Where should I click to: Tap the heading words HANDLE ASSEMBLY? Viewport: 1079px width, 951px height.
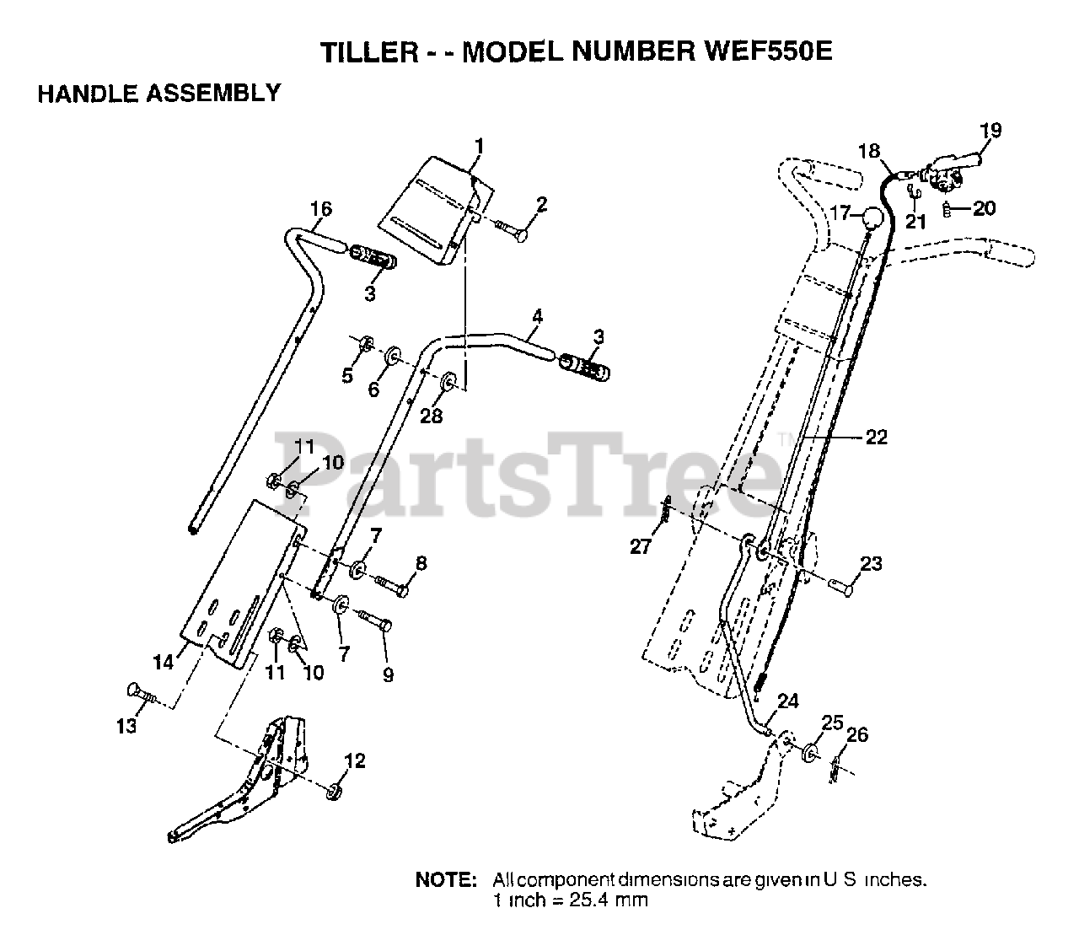[x=158, y=93]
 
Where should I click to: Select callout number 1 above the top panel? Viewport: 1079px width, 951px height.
[x=479, y=147]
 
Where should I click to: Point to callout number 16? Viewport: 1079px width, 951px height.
[x=321, y=209]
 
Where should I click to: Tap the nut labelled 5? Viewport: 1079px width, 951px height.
[x=366, y=345]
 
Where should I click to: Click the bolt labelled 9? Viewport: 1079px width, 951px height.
[x=376, y=625]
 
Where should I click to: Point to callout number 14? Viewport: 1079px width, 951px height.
[x=164, y=662]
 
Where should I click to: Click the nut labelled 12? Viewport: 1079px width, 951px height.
[x=332, y=791]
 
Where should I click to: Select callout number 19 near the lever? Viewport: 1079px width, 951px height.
[x=990, y=130]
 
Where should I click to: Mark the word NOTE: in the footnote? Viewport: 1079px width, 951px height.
[x=446, y=880]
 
